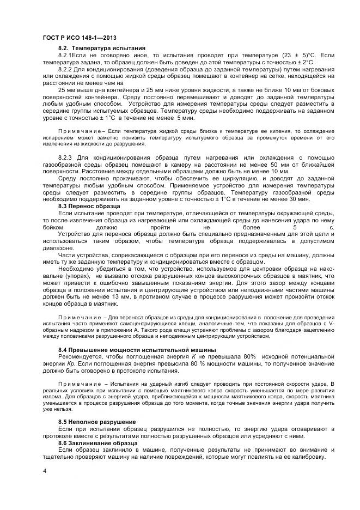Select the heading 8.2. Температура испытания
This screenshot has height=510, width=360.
pos(101,48)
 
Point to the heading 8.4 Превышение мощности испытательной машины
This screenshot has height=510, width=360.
pos(137,349)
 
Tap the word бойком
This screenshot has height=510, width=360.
pos(53,228)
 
